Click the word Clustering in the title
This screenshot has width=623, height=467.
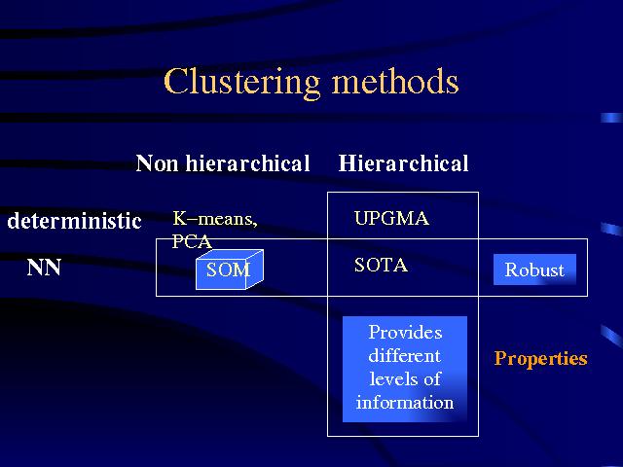241,83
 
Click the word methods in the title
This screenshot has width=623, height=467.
395,81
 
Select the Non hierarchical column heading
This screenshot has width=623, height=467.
223,163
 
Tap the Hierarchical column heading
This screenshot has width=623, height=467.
403,163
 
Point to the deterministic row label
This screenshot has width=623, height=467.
74,221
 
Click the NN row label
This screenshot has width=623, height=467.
44,268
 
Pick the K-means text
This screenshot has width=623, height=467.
215,219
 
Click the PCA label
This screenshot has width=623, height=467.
192,241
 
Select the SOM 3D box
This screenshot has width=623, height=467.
230,269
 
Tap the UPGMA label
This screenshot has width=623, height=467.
391,218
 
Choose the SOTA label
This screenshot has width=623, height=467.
381,265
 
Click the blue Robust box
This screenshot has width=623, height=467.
534,269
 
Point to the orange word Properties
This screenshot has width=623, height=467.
541,358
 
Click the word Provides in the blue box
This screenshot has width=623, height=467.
405,332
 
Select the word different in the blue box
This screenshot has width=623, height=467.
404,355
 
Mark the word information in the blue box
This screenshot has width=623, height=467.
405,402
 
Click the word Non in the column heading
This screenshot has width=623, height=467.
157,163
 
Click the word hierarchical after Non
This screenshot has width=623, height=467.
247,163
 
